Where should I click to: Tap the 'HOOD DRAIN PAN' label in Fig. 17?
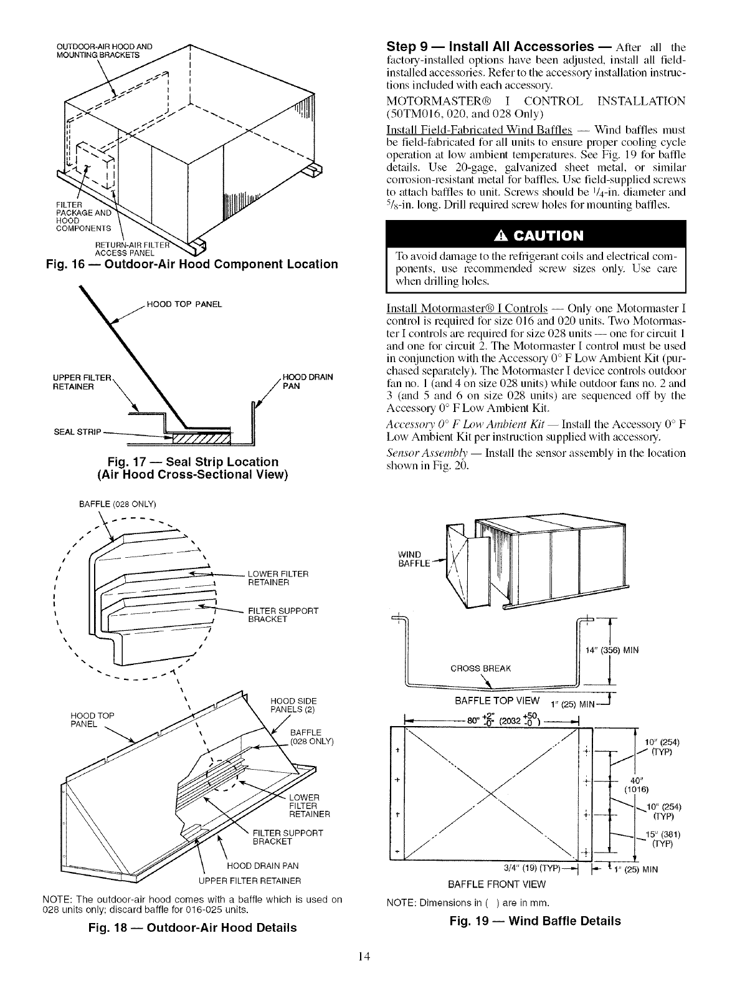[308, 381]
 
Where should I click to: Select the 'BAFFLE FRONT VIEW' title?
[496, 884]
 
